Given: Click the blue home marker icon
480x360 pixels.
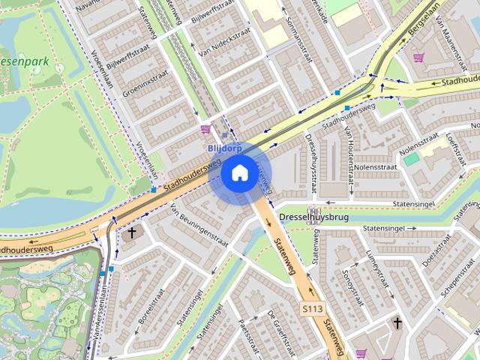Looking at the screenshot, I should [238, 172].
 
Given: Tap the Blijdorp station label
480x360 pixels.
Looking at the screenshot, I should [224, 148].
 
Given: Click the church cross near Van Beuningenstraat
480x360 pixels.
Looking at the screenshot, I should [133, 233].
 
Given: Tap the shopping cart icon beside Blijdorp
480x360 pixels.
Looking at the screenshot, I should [205, 130].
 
